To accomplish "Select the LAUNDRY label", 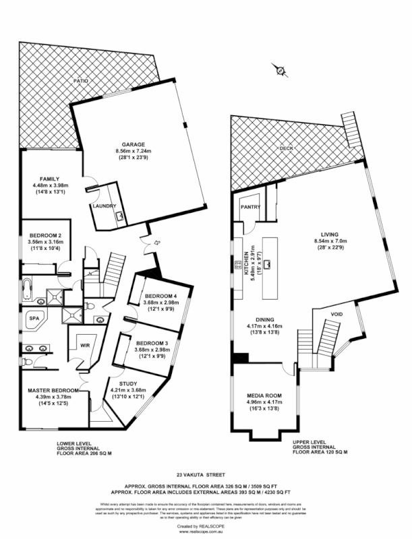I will (x=105, y=206).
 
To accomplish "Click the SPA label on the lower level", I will (x=33, y=317).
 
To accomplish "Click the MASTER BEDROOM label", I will (x=53, y=390).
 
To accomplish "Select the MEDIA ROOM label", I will (x=264, y=395).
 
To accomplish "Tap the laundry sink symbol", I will (x=120, y=216).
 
